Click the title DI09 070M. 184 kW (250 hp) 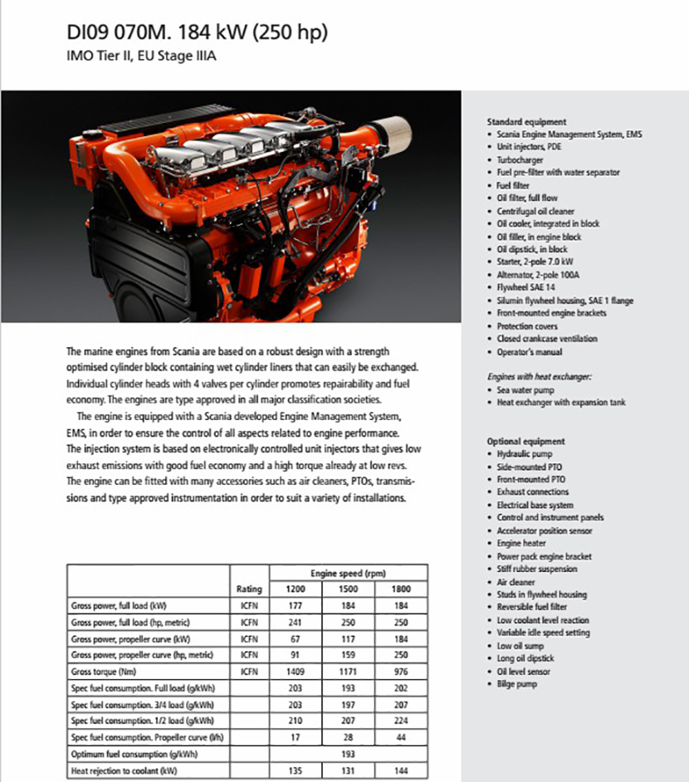click(198, 33)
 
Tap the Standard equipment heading click(526, 121)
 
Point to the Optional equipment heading click(525, 442)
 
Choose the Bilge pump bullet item click(516, 684)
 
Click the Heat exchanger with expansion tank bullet click(561, 403)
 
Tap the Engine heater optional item click(521, 543)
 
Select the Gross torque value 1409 click(296, 671)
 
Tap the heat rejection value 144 click(403, 771)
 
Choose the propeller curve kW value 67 click(296, 638)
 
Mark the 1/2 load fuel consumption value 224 click(403, 721)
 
